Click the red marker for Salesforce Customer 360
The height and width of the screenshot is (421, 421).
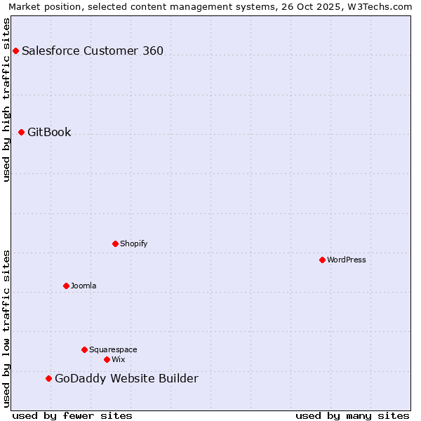(x=15, y=51)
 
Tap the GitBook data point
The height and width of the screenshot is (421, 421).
(x=21, y=132)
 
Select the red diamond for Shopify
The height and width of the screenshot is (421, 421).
(x=115, y=243)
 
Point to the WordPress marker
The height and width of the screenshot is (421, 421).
(x=322, y=260)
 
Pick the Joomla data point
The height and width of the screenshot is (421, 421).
(x=66, y=286)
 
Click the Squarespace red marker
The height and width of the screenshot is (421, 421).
(x=84, y=349)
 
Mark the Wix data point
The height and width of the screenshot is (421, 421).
(x=107, y=359)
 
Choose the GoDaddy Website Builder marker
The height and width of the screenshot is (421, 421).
(x=48, y=378)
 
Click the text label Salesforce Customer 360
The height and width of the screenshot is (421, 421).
(x=93, y=51)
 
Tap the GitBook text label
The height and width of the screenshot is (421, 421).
(x=49, y=132)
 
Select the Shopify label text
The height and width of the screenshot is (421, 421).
(x=133, y=243)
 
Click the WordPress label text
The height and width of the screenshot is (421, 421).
(x=347, y=260)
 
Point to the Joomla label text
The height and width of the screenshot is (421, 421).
(x=83, y=286)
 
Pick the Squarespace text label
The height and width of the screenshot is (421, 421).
(x=113, y=349)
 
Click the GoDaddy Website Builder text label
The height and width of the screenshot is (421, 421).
(x=126, y=379)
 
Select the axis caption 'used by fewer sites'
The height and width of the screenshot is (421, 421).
(x=72, y=415)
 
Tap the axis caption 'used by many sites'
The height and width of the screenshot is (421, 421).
(x=352, y=415)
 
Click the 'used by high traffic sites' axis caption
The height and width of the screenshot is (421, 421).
(x=7, y=100)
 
